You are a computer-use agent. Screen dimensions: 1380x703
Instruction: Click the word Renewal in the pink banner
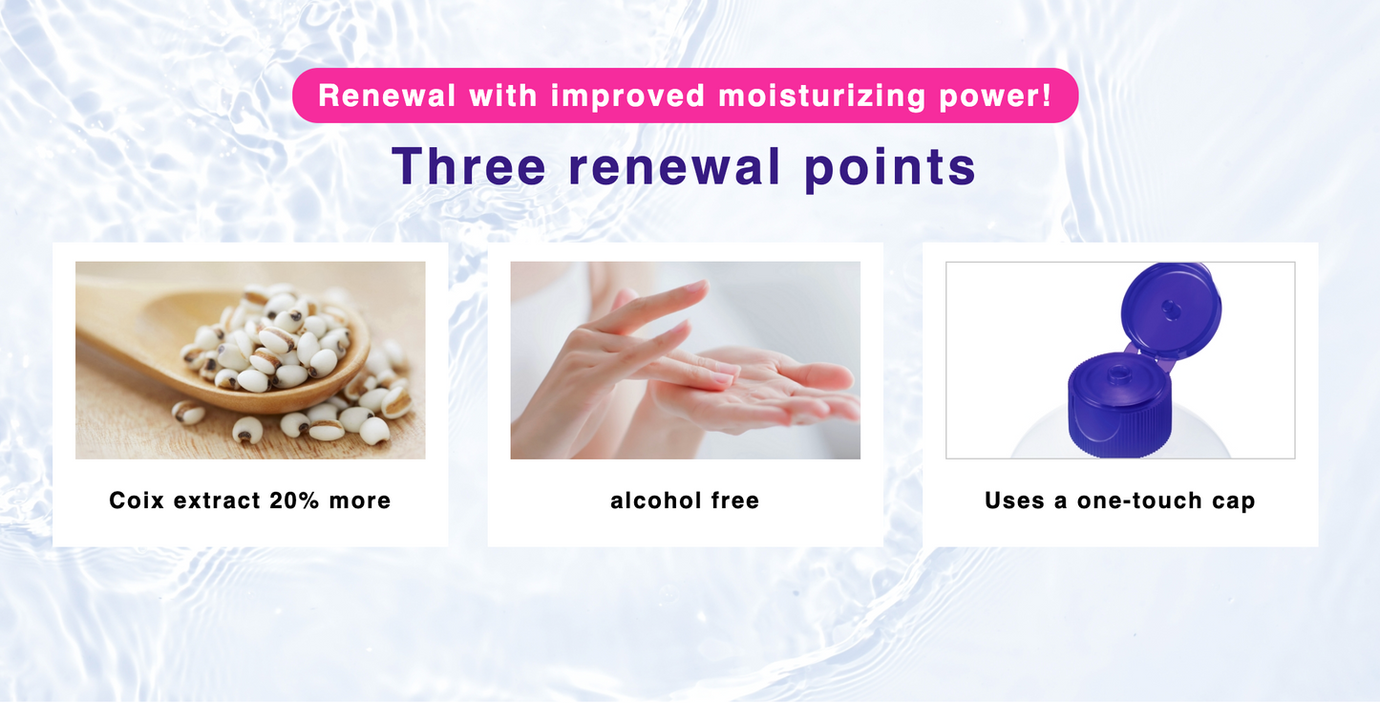pyautogui.click(x=387, y=96)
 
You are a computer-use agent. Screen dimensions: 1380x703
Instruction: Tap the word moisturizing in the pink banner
pyautogui.click(x=822, y=96)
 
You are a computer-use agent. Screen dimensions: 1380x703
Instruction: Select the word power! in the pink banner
pyautogui.click(x=995, y=96)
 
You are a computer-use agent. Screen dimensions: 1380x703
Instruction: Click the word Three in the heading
pyautogui.click(x=469, y=165)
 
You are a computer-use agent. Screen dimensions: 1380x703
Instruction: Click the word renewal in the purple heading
pyautogui.click(x=674, y=166)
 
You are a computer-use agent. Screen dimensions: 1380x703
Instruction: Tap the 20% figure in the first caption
pyautogui.click(x=294, y=501)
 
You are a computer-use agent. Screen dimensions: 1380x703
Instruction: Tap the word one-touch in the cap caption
pyautogui.click(x=1139, y=501)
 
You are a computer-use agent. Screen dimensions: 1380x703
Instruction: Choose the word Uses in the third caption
pyautogui.click(x=1014, y=501)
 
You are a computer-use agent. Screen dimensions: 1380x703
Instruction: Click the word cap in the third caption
pyautogui.click(x=1233, y=502)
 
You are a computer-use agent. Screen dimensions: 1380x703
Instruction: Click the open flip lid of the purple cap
pyautogui.click(x=1171, y=309)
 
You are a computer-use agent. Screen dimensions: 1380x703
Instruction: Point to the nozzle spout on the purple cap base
pyautogui.click(x=1119, y=373)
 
